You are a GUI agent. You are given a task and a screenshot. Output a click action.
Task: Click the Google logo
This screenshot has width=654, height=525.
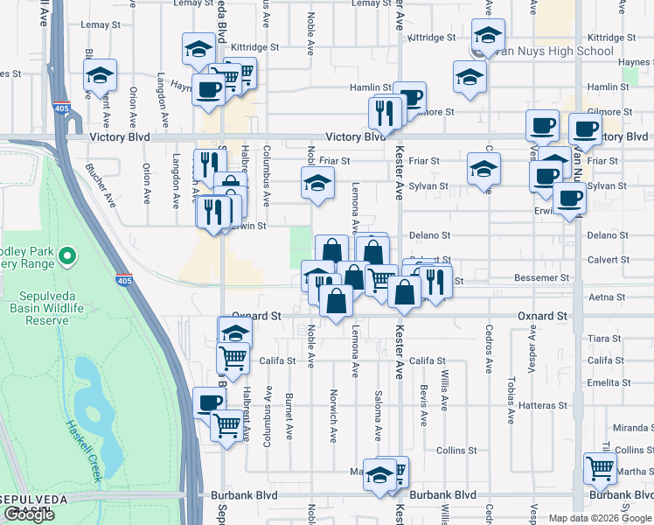[29, 514]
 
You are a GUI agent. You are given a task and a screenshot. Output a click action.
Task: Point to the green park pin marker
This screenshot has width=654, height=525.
[66, 257]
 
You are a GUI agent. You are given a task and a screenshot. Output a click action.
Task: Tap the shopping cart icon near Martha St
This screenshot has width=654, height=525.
[599, 468]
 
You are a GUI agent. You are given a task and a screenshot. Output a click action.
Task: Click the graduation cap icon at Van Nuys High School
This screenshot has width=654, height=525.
[488, 36]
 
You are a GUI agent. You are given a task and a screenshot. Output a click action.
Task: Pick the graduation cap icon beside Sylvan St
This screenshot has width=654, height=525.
[484, 170]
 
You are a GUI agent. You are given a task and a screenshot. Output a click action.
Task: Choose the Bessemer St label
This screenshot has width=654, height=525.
[542, 278]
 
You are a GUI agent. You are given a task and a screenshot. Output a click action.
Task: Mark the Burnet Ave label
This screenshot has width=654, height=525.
[289, 410]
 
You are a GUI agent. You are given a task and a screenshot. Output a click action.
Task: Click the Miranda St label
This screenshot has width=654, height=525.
[634, 428]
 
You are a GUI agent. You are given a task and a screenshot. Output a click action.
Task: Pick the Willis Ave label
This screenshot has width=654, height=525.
[445, 392]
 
